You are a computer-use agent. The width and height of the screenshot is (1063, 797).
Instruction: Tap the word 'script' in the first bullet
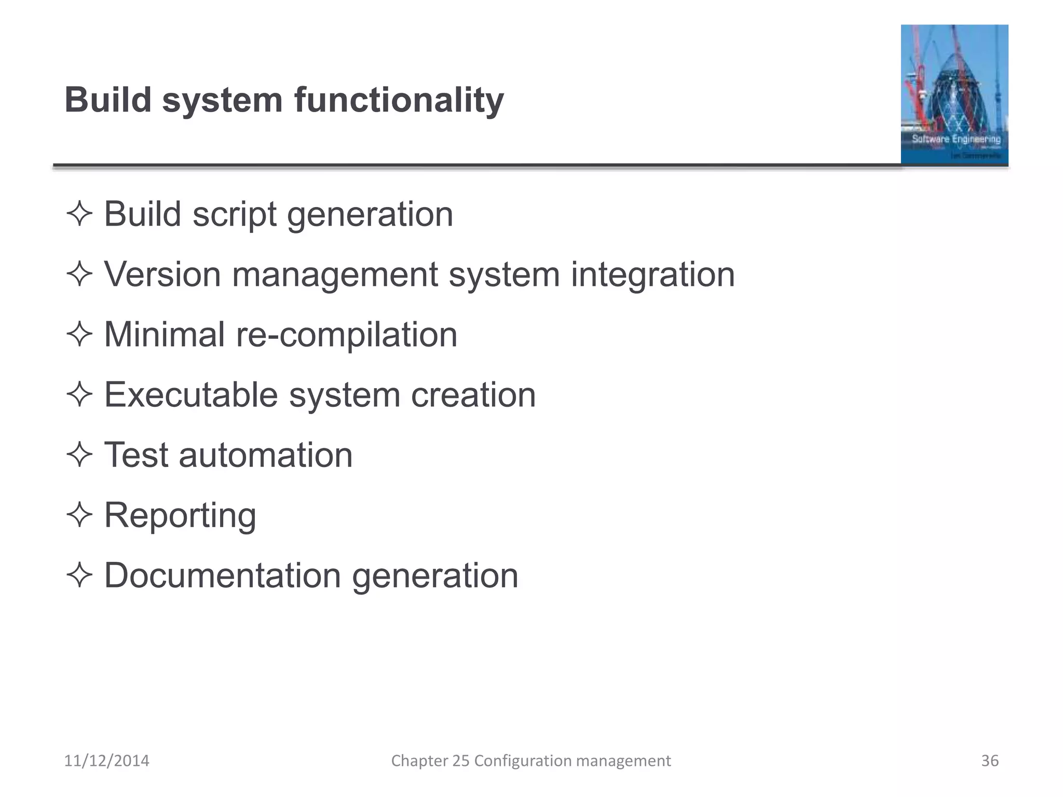tap(235, 214)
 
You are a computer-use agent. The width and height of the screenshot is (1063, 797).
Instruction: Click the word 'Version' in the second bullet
tap(162, 274)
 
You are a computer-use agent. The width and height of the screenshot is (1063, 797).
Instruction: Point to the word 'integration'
tap(653, 275)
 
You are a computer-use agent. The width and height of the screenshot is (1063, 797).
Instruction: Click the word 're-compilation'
tap(347, 335)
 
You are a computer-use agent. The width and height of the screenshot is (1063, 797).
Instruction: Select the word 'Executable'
tap(191, 395)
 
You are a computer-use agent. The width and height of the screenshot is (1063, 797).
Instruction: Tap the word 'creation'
tap(473, 395)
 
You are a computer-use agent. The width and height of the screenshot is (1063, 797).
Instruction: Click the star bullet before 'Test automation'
tap(79, 455)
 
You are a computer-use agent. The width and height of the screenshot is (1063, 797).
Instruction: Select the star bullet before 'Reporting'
tap(79, 515)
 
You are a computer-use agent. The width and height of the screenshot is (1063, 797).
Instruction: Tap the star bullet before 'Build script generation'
tap(79, 214)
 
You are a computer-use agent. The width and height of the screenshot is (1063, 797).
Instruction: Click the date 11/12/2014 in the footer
tap(106, 761)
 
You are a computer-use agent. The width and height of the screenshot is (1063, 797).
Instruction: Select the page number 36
tap(990, 761)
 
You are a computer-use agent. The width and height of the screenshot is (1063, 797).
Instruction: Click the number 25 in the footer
tap(460, 761)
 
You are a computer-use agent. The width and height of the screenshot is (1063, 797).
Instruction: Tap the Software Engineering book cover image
tap(955, 94)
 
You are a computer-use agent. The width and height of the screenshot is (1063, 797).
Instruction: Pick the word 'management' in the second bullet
tap(335, 275)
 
